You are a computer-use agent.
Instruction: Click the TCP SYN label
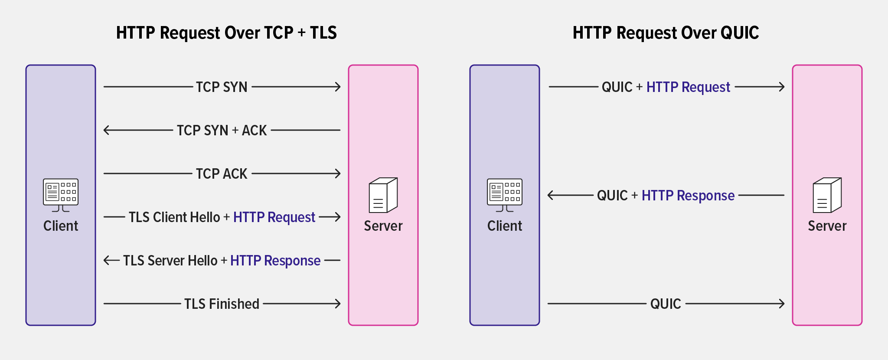[x=222, y=87]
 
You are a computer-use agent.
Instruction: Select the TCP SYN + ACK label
[x=222, y=131]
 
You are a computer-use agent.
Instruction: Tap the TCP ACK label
[x=222, y=174]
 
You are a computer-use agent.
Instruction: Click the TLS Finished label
[x=222, y=304]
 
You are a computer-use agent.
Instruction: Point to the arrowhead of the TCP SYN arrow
[x=338, y=87]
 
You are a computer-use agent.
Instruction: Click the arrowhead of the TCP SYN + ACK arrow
[x=106, y=130]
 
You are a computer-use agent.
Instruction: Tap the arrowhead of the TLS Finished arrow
[x=338, y=304]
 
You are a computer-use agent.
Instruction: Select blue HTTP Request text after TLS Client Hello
[x=274, y=217]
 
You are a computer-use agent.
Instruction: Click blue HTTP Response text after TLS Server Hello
[x=275, y=261]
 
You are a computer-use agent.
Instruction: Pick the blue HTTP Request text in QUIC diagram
[x=688, y=87]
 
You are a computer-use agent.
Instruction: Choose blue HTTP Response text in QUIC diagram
[x=688, y=196]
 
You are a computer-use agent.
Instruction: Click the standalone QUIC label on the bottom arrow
[x=666, y=304]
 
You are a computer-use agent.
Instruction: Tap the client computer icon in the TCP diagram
[x=61, y=195]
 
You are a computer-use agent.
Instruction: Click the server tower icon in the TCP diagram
[x=383, y=195]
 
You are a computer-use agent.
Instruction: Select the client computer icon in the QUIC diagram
[x=505, y=195]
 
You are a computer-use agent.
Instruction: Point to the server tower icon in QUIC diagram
[x=827, y=195]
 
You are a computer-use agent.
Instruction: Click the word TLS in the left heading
[x=323, y=33]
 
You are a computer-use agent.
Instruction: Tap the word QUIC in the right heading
[x=739, y=33]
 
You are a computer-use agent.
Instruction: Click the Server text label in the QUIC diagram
[x=827, y=226]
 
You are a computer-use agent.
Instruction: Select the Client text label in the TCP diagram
[x=61, y=226]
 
